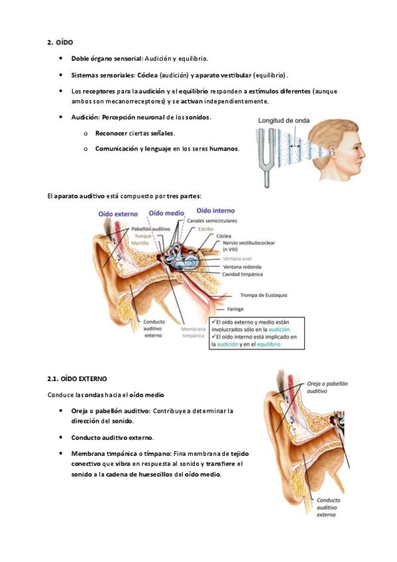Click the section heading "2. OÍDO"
[60, 42]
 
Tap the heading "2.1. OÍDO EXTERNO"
[77, 379]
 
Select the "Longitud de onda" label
[284, 121]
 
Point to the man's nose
[363, 154]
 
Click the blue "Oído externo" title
[118, 214]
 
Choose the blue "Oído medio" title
[166, 213]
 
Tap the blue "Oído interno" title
[215, 211]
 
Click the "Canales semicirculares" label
[212, 221]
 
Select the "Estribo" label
[205, 229]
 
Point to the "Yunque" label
[143, 236]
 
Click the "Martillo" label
[140, 243]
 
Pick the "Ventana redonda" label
[242, 266]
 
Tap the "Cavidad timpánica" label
[242, 274]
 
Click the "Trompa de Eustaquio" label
[264, 296]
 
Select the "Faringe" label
[235, 309]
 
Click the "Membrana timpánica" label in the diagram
[194, 332]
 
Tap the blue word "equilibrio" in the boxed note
[268, 344]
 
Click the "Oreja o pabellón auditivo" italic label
[327, 388]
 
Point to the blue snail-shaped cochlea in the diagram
[189, 262]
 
